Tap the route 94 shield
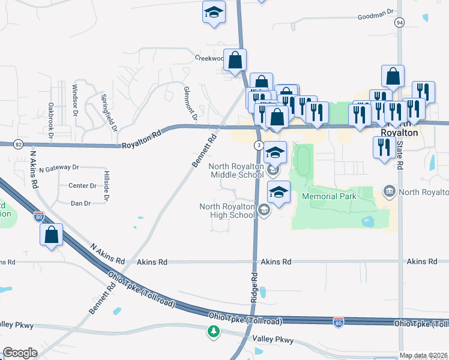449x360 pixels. click(399, 22)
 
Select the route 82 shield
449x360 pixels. click(18, 145)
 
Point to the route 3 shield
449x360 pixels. click(258, 146)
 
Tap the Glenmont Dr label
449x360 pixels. click(191, 104)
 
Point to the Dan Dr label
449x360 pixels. click(80, 203)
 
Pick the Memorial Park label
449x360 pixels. click(329, 196)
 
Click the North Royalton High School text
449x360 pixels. click(228, 211)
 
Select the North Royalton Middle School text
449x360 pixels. click(235, 170)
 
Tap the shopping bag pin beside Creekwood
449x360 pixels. click(236, 60)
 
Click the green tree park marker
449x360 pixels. click(213, 331)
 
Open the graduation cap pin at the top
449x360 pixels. click(213, 13)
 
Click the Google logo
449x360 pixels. click(20, 353)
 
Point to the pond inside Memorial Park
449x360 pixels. click(368, 221)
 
